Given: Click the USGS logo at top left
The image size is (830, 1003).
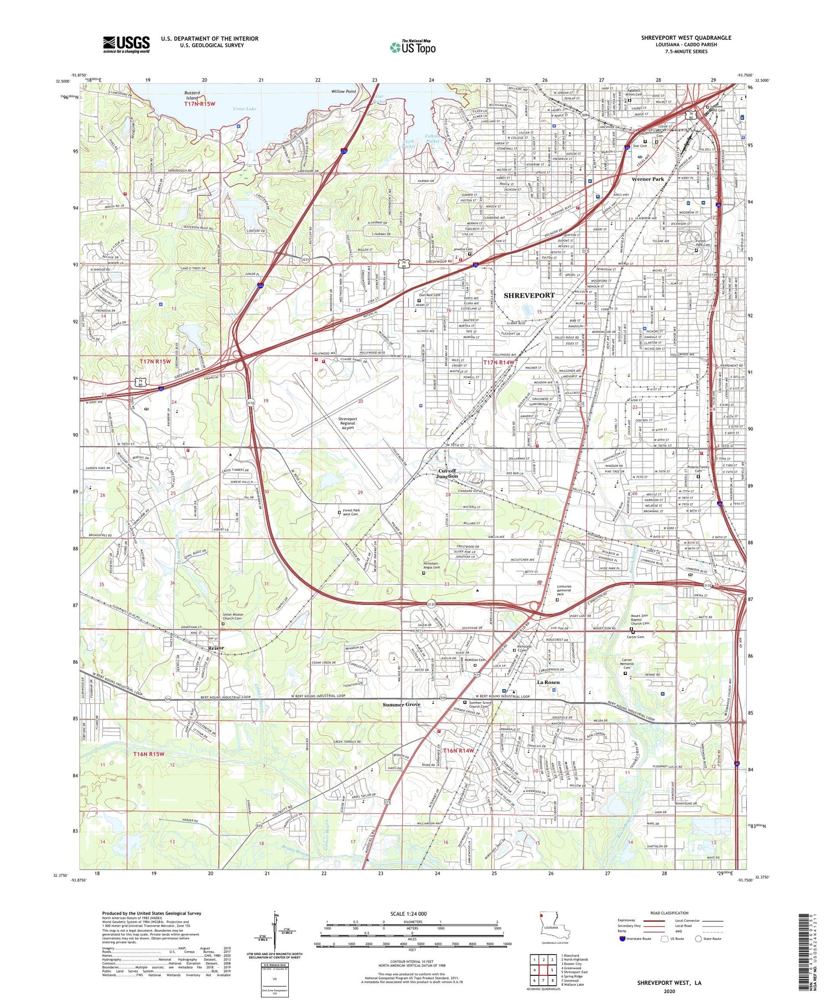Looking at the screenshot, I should point(126,44).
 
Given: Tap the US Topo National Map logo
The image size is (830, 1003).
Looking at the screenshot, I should point(413,47).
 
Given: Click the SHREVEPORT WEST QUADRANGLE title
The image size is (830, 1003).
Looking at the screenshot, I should point(686,38).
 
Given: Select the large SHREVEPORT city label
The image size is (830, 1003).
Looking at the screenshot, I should point(528,295).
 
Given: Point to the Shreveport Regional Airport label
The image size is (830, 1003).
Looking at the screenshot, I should point(347,423).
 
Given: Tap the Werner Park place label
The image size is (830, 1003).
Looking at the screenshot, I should point(647,179).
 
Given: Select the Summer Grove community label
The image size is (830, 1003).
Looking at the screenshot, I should point(401,704).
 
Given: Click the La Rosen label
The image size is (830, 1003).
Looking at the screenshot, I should point(548,682).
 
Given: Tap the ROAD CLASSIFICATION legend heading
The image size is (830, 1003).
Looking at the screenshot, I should point(669,913).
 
